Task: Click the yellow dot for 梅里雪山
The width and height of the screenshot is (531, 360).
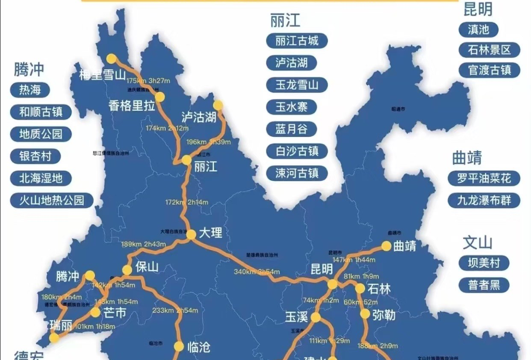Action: pos(112,59)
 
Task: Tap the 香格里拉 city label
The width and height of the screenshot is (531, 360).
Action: pos(132,106)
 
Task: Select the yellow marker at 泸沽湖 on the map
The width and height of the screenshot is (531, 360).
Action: pos(218,105)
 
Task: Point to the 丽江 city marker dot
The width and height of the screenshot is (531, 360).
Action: pos(187,160)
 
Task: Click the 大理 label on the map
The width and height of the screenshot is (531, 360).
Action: pos(210,233)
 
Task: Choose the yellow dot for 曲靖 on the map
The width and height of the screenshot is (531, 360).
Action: pos(386,246)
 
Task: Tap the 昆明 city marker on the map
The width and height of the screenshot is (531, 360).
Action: pos(332,284)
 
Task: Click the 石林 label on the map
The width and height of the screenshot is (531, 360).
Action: pos(379,289)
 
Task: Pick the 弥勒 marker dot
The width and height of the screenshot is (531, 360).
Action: pos(365,314)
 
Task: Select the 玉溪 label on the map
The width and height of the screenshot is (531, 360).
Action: pos(297,317)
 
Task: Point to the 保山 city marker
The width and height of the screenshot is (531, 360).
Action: pos(127,270)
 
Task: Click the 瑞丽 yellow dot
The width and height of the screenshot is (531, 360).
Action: pos(54,338)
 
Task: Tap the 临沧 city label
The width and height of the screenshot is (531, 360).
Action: pos(199,347)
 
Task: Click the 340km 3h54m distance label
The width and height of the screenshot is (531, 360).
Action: pos(257,271)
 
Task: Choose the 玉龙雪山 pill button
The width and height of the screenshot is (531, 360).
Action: pos(297,85)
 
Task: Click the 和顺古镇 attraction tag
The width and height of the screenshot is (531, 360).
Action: pos(41,112)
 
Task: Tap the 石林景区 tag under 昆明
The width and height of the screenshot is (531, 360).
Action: pos(489,50)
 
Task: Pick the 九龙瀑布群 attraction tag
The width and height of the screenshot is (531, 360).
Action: pos(484,201)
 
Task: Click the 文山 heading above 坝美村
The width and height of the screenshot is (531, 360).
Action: pos(478,243)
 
